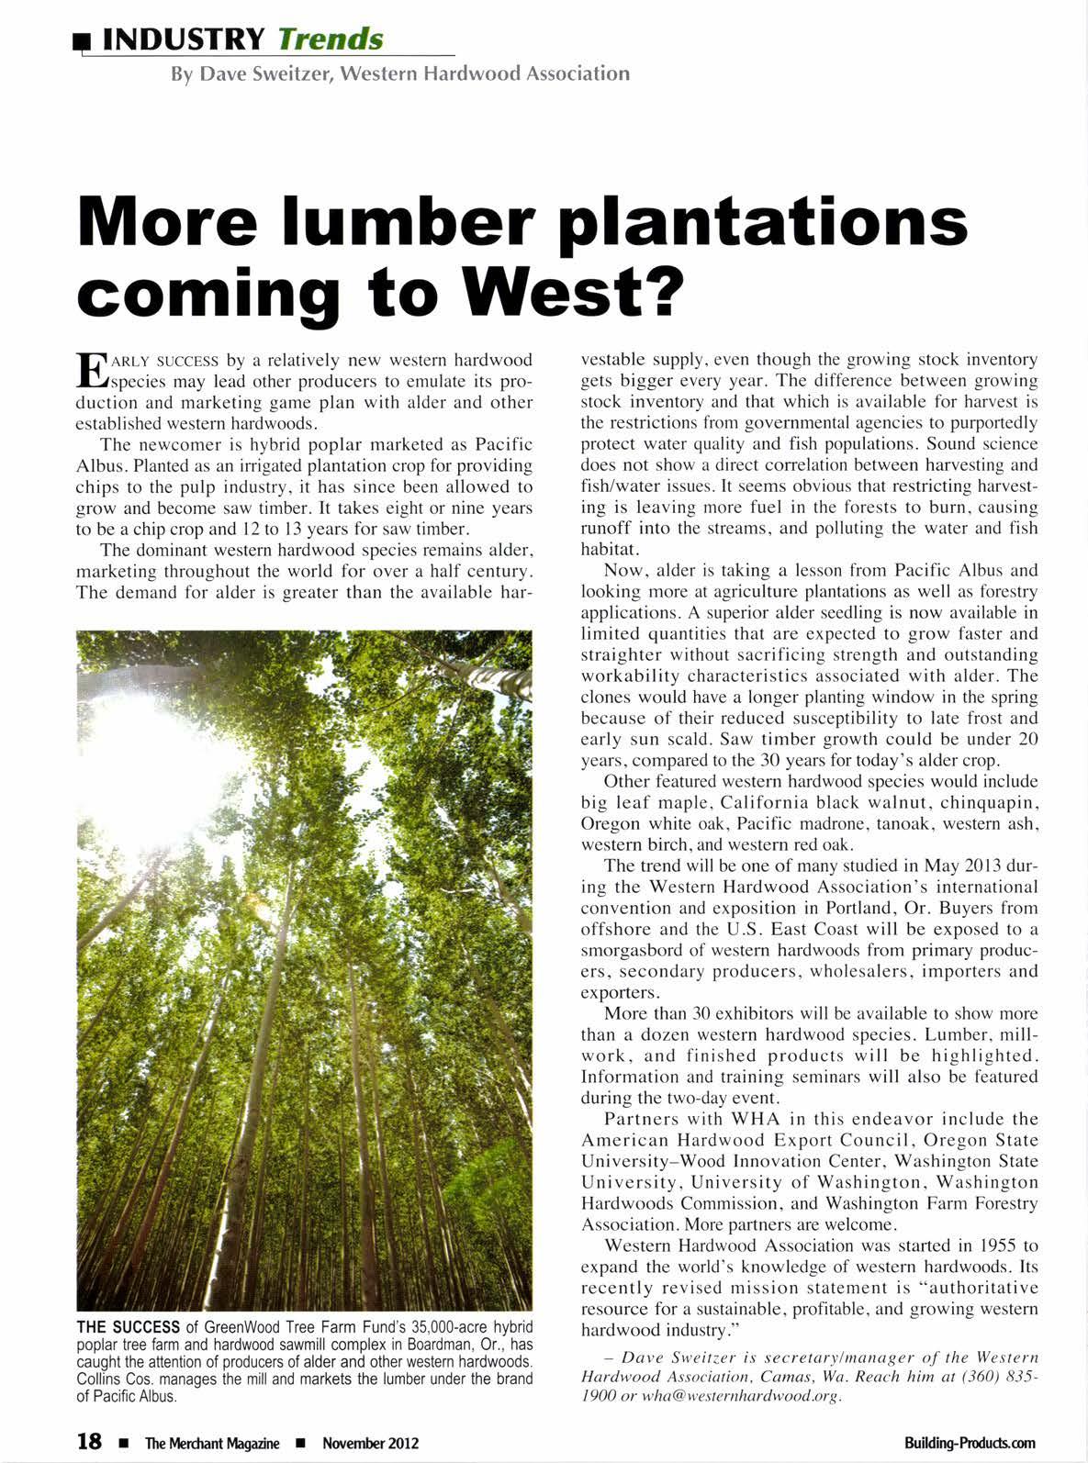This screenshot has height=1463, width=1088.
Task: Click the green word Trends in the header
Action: [x=330, y=39]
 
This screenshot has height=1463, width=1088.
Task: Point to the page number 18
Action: [x=89, y=1442]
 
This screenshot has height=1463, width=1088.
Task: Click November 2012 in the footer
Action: [x=371, y=1443]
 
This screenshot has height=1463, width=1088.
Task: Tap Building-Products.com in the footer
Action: [x=970, y=1443]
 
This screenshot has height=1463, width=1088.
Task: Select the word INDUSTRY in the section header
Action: [x=184, y=39]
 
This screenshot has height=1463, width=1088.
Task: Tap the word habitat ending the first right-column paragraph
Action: [x=609, y=549]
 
